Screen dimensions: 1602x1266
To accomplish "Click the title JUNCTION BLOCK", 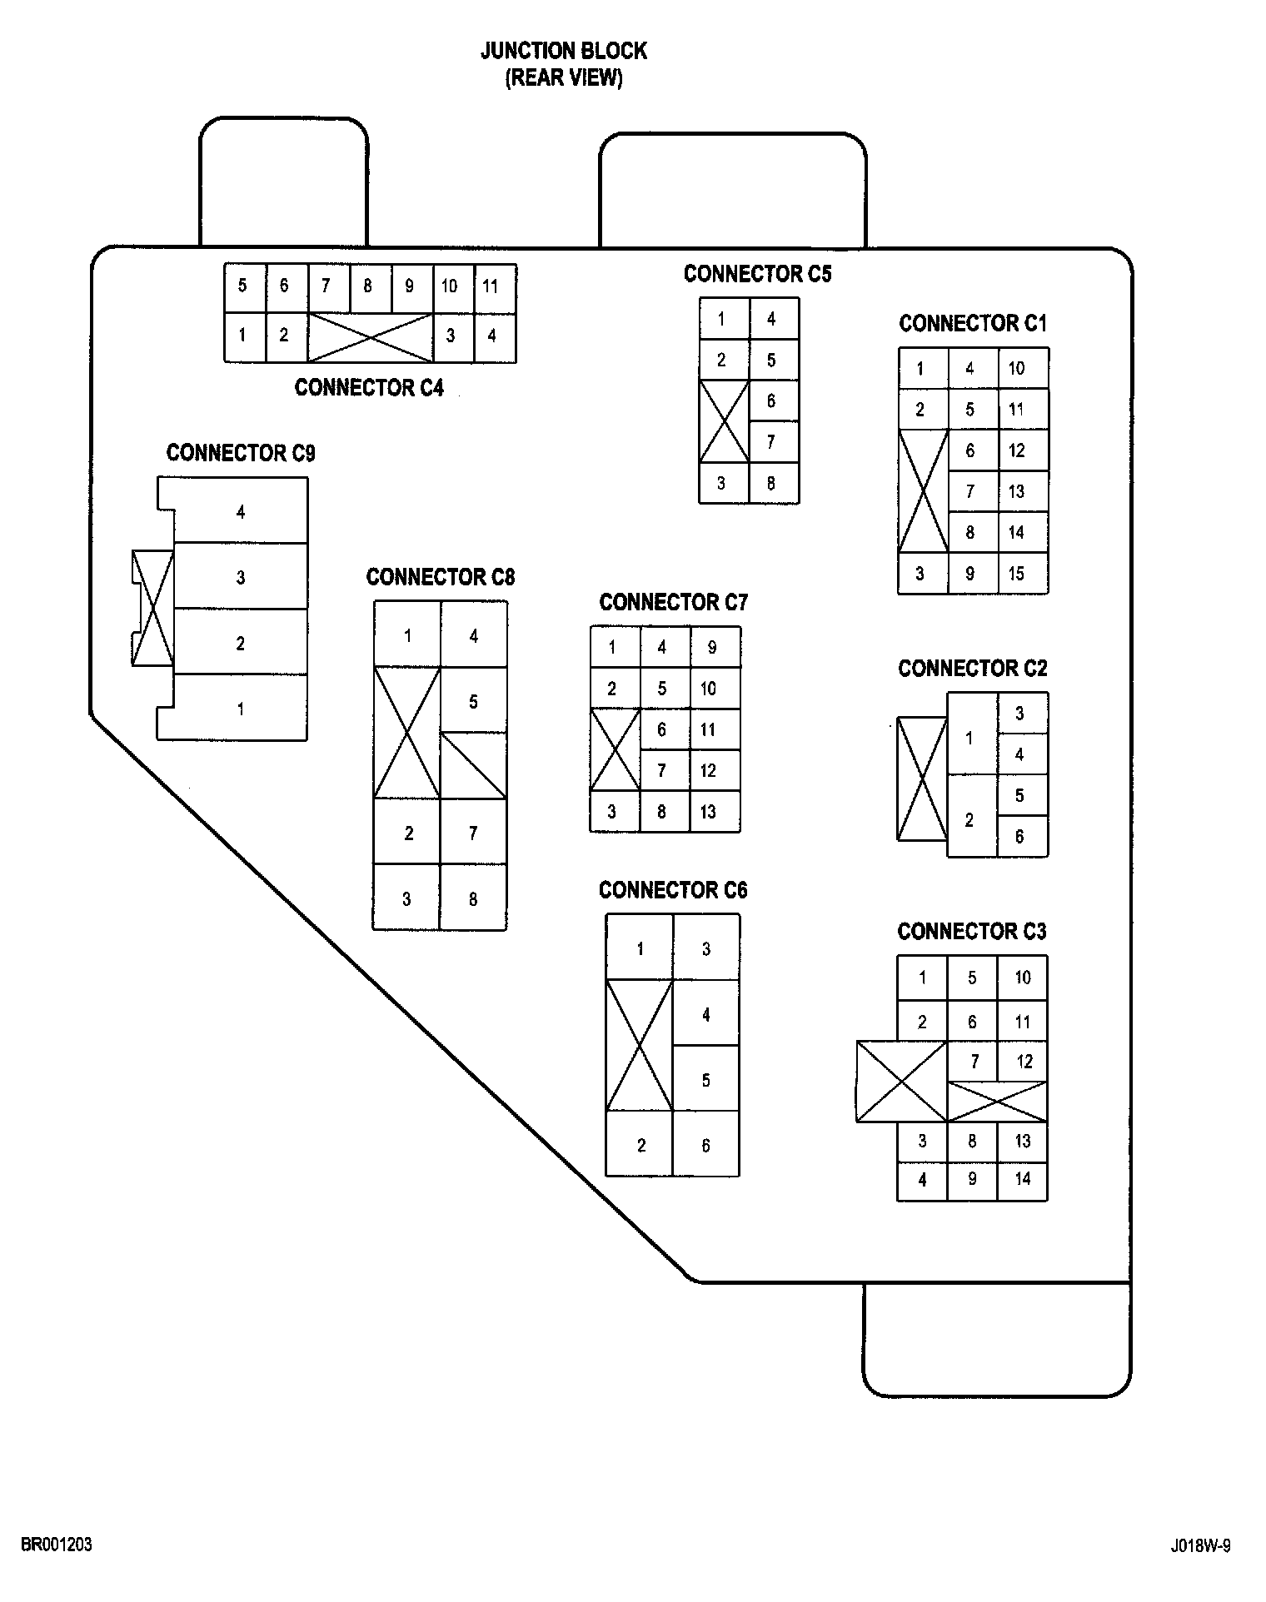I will click(563, 52).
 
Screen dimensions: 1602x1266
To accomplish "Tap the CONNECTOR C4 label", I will click(369, 388).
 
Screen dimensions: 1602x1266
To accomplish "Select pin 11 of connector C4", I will click(491, 287).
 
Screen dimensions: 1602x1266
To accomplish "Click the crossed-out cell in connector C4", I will click(371, 337).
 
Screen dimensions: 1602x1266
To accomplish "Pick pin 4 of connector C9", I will click(241, 512).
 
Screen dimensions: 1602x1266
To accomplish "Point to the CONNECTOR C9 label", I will click(241, 453).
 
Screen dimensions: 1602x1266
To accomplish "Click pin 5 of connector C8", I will click(473, 702).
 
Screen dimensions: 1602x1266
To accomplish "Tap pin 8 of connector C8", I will click(473, 899).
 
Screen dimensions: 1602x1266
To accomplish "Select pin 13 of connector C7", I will click(708, 812).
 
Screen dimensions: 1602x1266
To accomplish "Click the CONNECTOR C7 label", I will click(673, 602).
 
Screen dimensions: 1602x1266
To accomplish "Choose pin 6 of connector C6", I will click(705, 1146).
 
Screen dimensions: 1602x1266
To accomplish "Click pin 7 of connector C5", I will click(771, 442).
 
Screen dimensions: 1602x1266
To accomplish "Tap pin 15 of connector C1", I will click(1016, 574).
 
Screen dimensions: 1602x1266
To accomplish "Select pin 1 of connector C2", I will click(969, 738).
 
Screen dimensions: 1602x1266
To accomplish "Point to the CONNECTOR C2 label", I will click(972, 669).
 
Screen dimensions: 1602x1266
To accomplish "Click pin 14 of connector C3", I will click(1023, 1179).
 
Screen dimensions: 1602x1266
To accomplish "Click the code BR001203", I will click(57, 1545).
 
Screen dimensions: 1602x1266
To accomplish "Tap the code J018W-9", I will click(1200, 1546).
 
